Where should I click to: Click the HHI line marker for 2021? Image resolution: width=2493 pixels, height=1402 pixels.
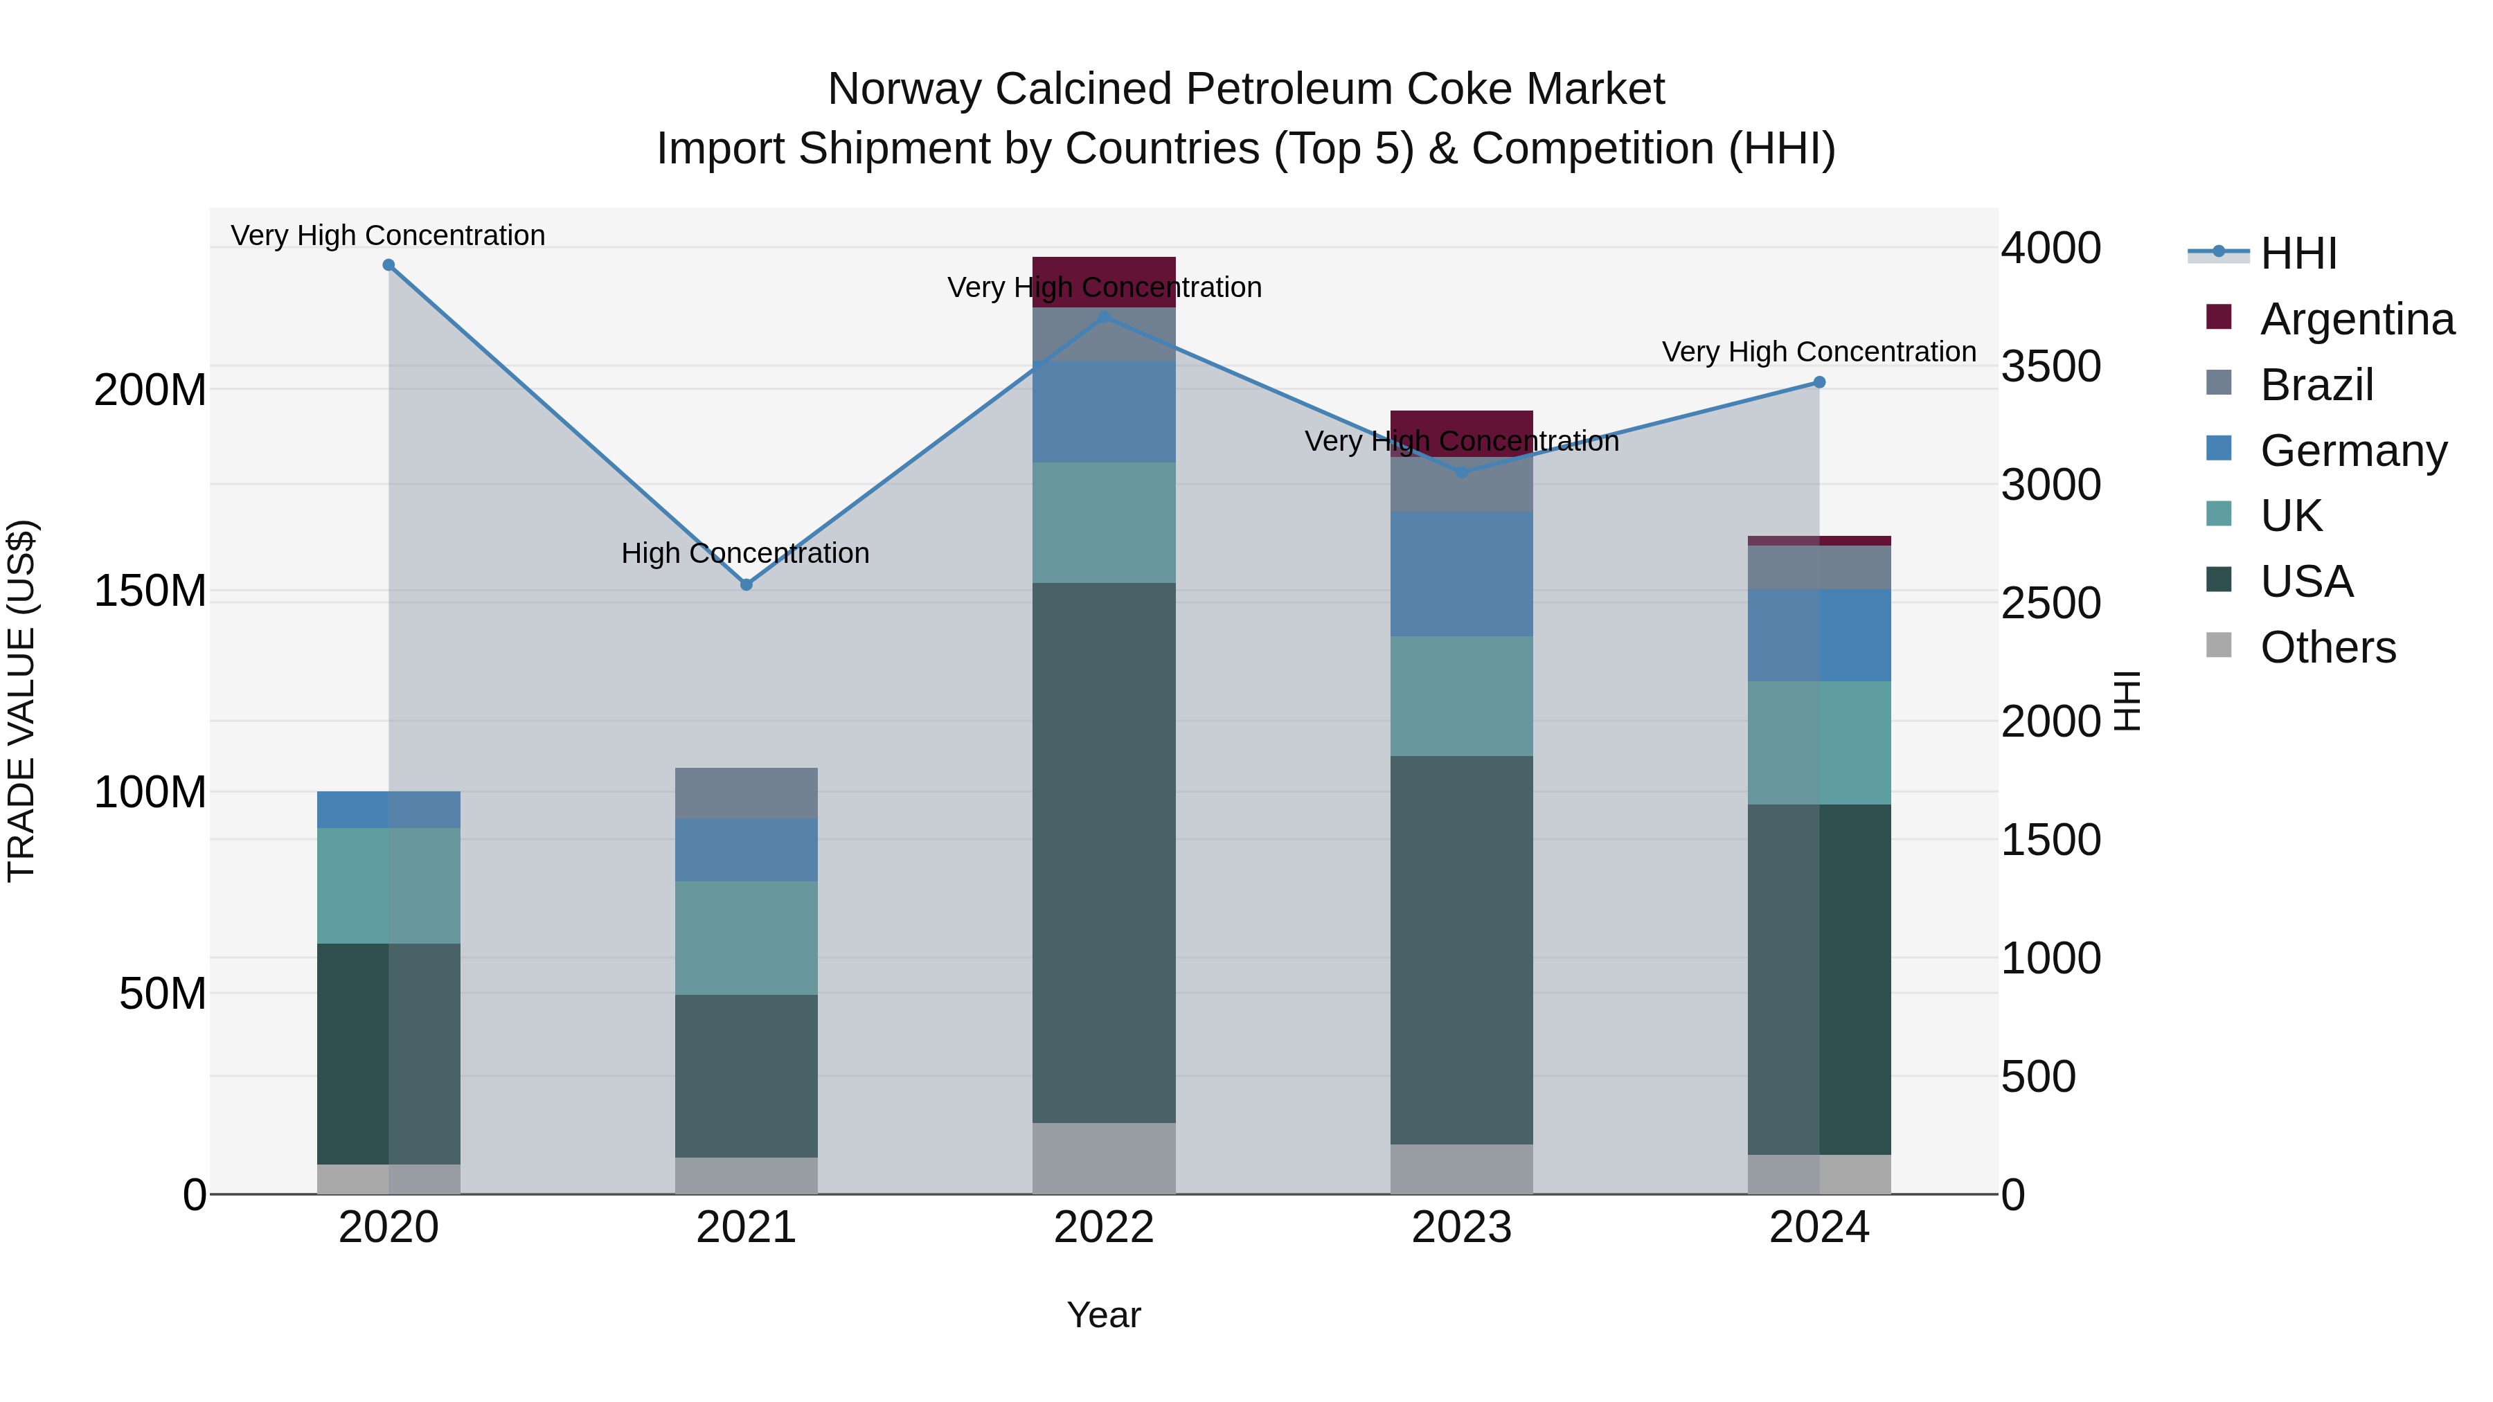click(746, 584)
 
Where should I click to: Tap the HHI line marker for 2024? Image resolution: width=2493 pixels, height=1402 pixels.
click(1819, 383)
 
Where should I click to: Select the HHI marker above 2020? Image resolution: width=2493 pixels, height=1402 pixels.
click(389, 265)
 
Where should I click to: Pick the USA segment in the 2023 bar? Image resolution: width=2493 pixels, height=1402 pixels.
click(1461, 949)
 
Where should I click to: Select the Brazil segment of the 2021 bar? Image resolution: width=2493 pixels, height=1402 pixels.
click(746, 793)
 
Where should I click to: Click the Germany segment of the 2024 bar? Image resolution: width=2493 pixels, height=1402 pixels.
click(1819, 635)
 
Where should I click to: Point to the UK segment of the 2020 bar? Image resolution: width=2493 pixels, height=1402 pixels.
click(389, 886)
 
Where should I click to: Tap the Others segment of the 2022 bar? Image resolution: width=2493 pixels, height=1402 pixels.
click(1105, 1158)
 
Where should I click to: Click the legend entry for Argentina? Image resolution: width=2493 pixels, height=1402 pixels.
click(2357, 319)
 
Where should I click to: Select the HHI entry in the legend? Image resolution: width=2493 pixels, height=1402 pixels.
click(2298, 253)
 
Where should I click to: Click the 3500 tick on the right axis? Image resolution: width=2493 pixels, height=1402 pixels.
click(2050, 367)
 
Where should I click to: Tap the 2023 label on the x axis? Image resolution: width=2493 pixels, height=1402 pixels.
click(1461, 1228)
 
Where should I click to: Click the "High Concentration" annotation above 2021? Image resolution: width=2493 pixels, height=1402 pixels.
click(745, 553)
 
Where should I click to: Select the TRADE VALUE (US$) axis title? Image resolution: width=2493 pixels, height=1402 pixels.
click(21, 701)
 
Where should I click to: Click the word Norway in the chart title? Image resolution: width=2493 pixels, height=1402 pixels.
click(905, 90)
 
